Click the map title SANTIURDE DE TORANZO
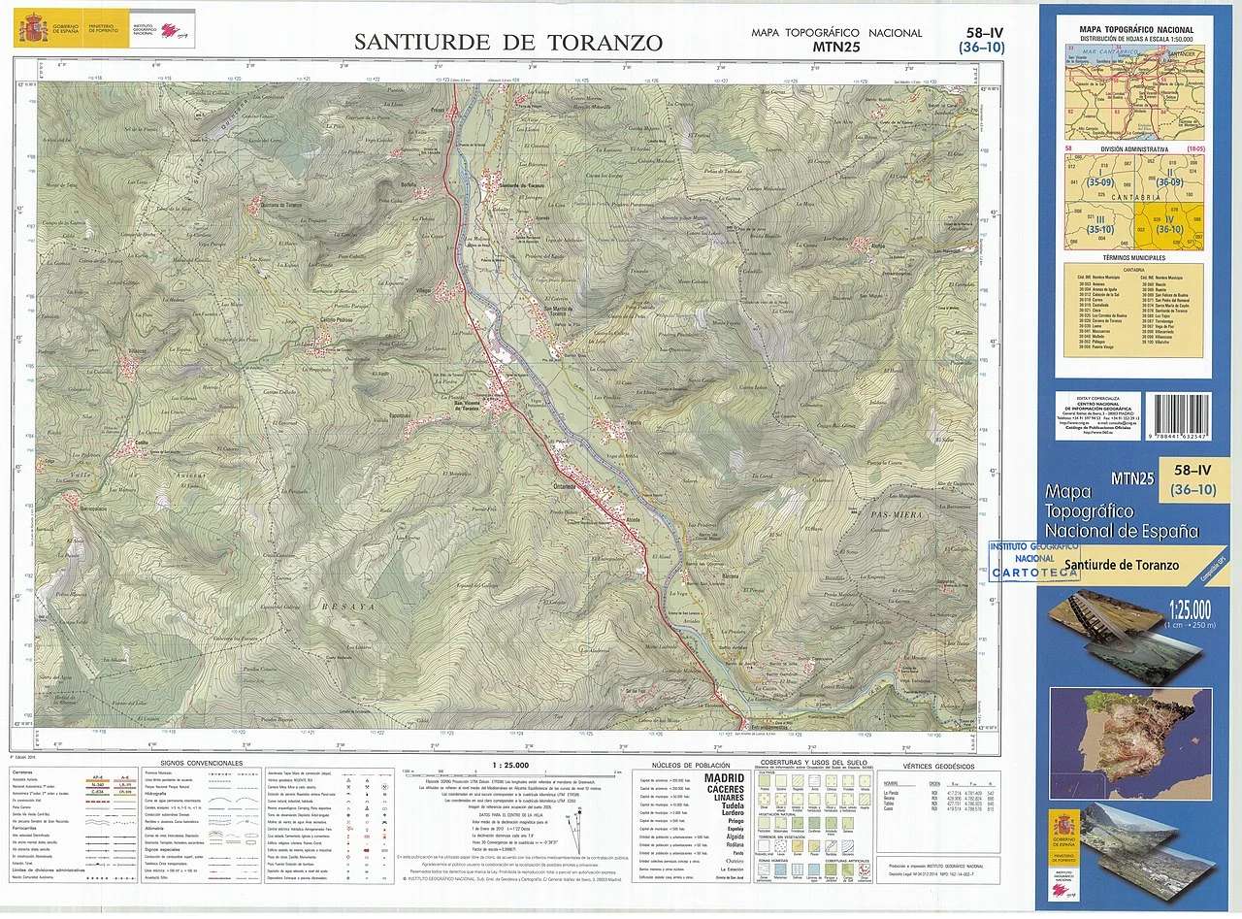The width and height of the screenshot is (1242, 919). click(508, 43)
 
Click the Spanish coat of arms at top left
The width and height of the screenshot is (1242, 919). click(32, 28)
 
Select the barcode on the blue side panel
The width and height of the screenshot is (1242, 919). click(1177, 418)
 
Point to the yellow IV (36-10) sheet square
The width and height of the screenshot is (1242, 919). click(1168, 222)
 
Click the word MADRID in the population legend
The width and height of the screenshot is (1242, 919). click(724, 779)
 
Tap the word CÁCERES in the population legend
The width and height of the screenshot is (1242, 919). click(724, 790)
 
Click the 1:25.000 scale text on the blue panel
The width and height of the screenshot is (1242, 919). click(1190, 610)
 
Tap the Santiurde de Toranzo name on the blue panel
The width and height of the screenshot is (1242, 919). click(1121, 565)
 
